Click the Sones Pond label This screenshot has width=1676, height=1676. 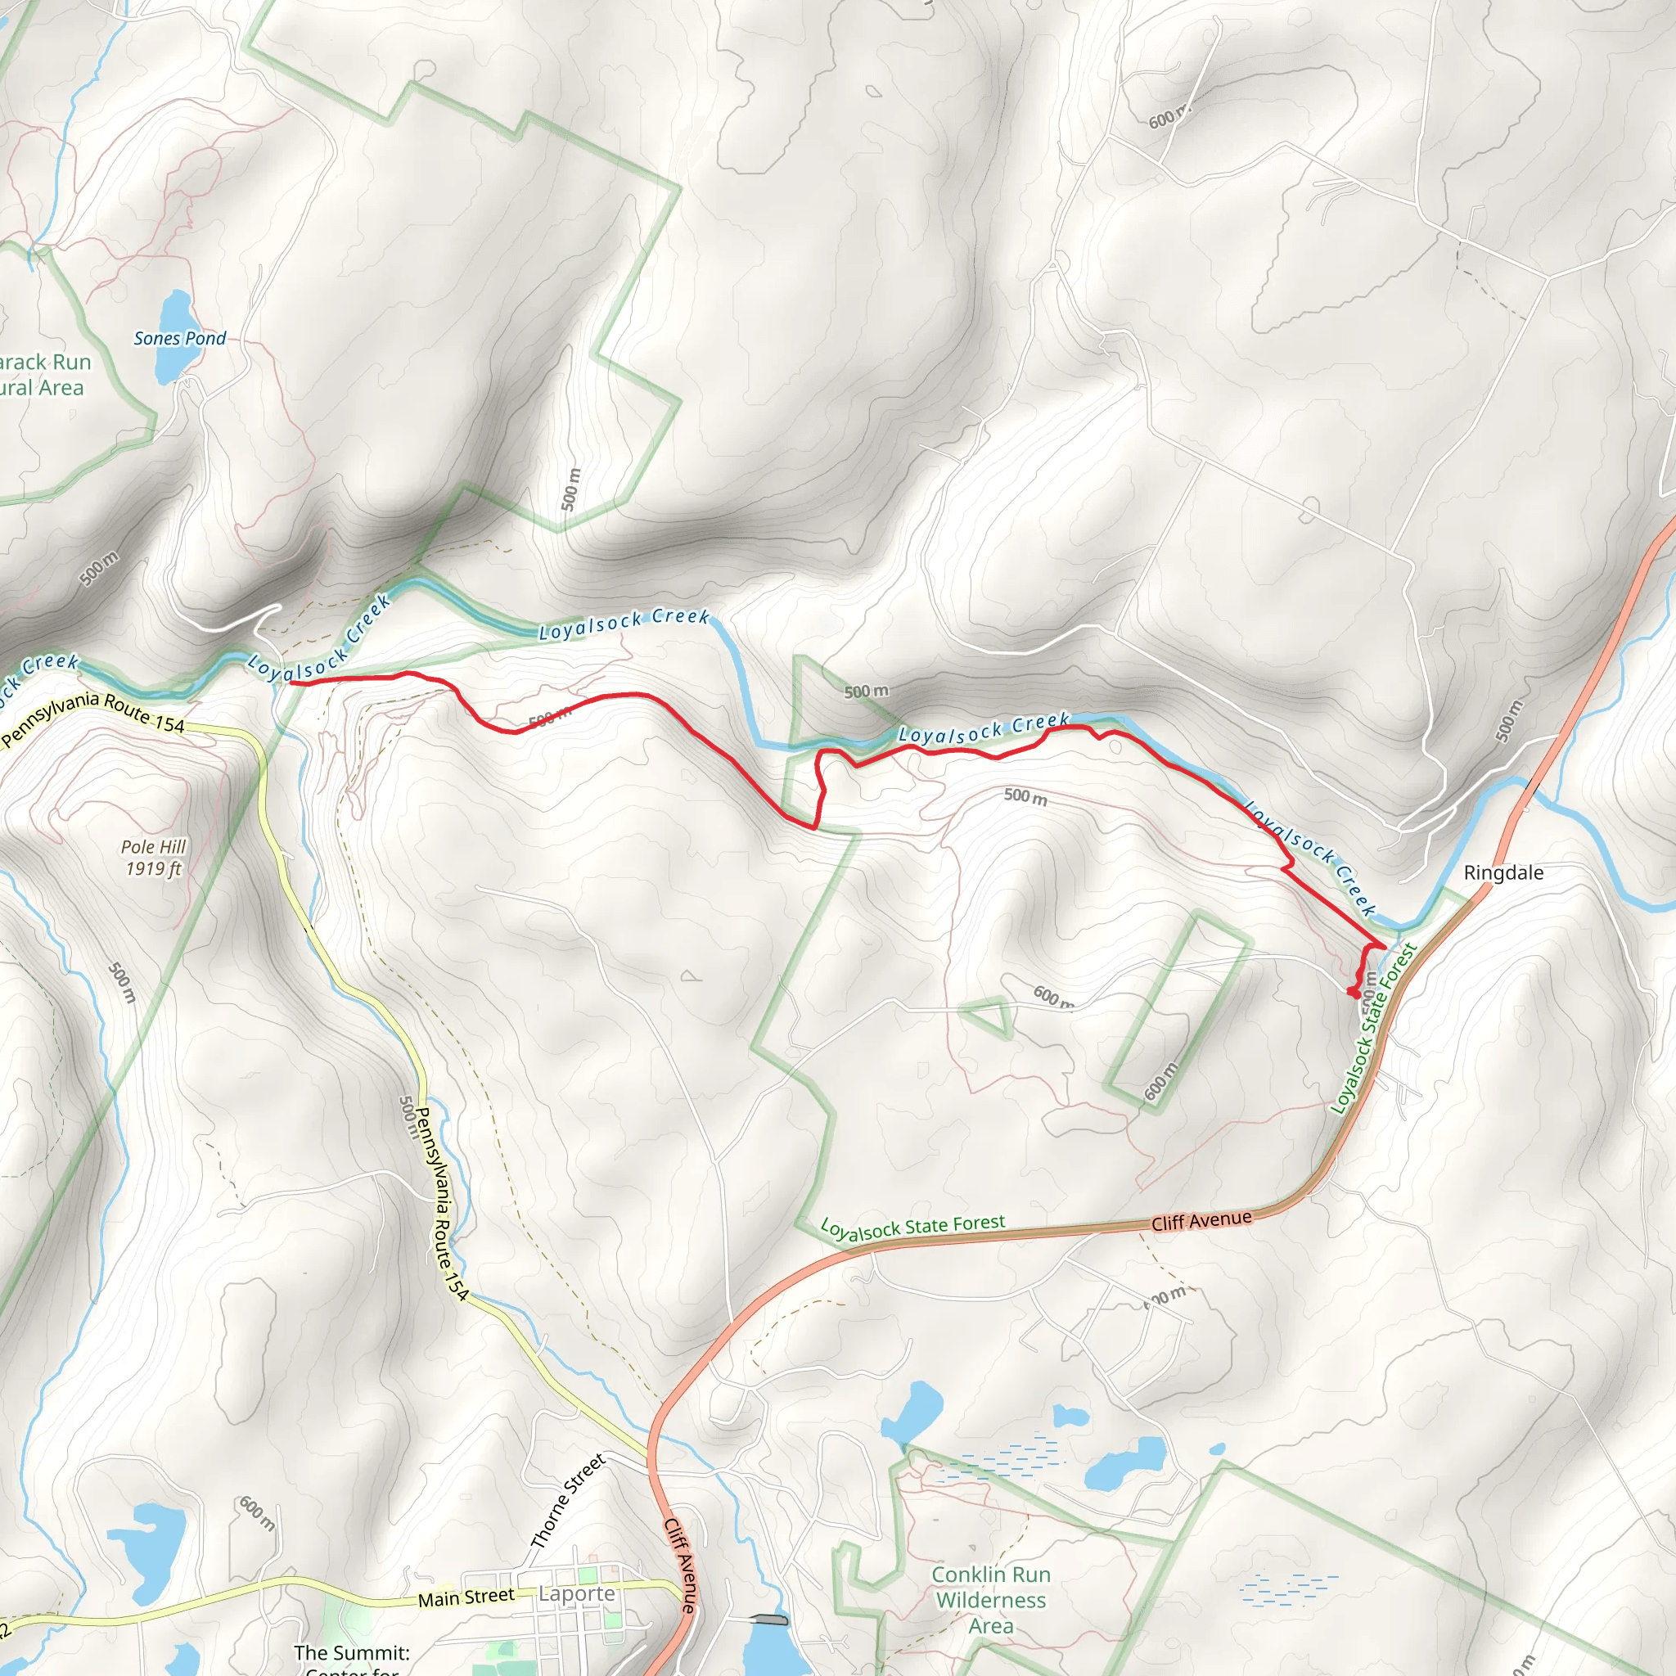click(179, 338)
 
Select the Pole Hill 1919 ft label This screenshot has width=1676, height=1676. click(154, 857)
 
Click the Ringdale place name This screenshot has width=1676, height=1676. click(1503, 872)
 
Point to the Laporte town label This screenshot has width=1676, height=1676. click(576, 1593)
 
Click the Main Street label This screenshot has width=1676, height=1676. click(466, 1597)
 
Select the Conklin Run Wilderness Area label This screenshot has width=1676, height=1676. click(991, 1600)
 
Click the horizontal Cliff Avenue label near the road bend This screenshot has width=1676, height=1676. click(1201, 1220)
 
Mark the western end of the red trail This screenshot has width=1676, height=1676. click(291, 683)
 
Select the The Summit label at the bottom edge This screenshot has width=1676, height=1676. click(351, 1652)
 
